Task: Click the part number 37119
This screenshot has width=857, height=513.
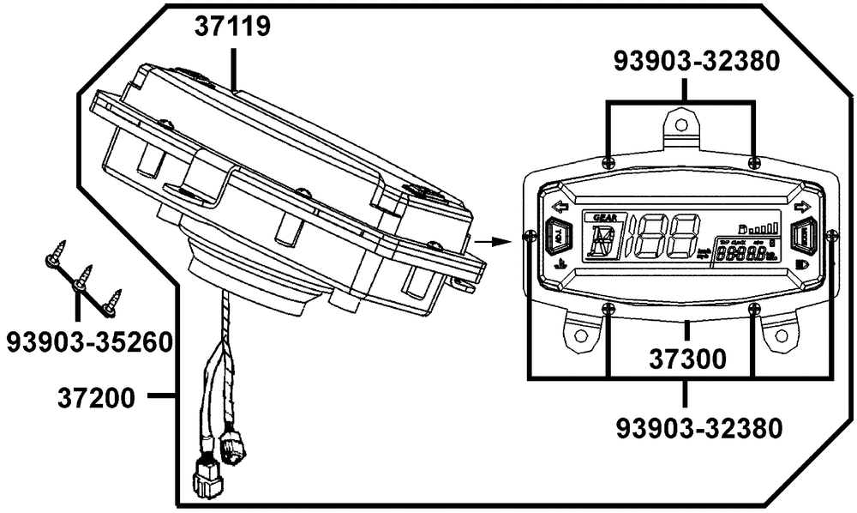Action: [x=233, y=27]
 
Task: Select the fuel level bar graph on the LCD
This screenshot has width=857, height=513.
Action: [x=768, y=228]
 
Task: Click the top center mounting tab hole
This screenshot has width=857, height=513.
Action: [x=681, y=124]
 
